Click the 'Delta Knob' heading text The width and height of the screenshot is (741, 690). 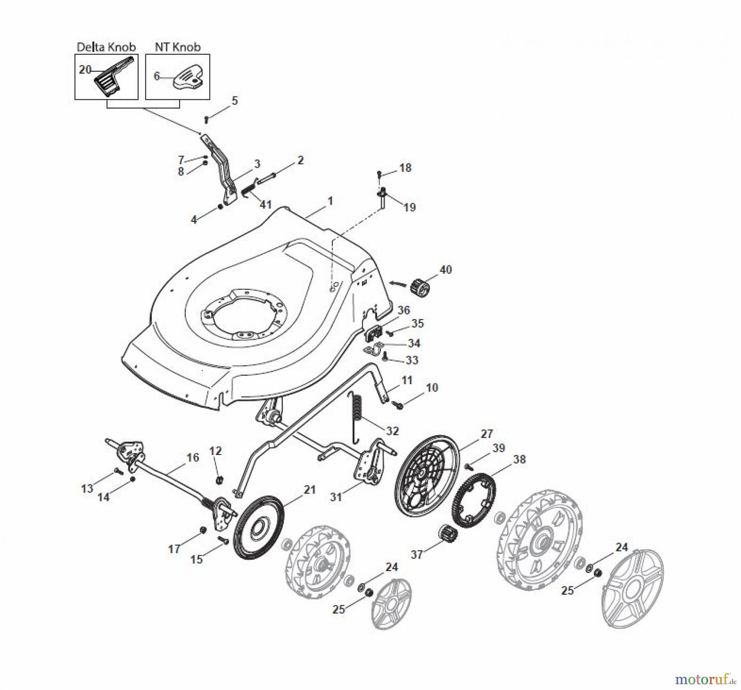(106, 47)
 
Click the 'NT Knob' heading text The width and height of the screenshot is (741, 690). (177, 47)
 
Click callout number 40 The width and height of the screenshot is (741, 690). (445, 270)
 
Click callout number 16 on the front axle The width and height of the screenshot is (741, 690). (193, 457)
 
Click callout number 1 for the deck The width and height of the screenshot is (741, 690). (330, 201)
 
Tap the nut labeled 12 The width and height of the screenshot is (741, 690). (219, 479)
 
